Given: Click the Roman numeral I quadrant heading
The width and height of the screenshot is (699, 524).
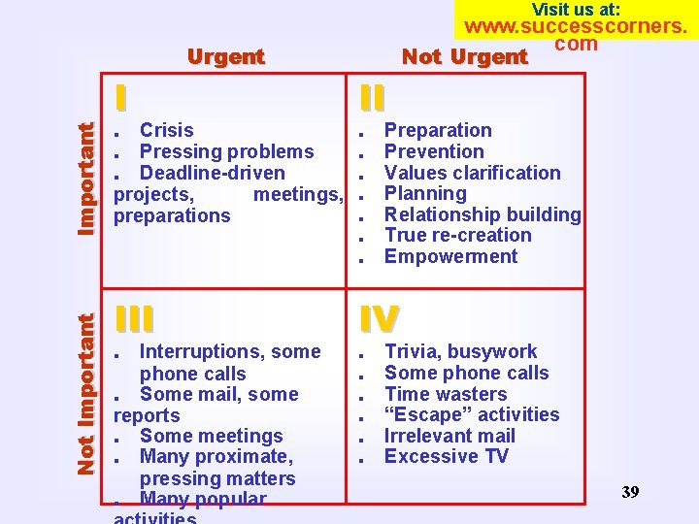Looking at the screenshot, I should click(120, 98).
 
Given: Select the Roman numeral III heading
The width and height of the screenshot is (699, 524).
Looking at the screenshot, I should click(133, 319).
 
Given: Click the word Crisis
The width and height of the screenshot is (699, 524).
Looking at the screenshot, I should click(167, 130).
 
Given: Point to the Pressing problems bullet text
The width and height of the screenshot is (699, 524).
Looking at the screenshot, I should click(226, 151).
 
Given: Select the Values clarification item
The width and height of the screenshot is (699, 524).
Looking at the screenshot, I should click(472, 173).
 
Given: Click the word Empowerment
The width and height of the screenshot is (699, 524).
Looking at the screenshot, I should click(450, 256).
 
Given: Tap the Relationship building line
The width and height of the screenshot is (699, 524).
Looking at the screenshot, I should click(482, 214).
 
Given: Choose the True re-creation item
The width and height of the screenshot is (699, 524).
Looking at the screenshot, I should click(457, 235).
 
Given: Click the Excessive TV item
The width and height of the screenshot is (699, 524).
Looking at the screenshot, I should click(446, 456).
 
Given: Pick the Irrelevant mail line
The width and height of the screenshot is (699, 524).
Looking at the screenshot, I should click(449, 436).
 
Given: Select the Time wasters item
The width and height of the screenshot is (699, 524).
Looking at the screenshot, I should click(446, 394).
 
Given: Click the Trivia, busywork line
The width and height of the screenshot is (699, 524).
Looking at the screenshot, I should click(460, 351).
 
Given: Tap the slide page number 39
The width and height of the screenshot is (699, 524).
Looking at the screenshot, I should click(630, 492).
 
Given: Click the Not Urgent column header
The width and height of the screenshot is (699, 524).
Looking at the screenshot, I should click(464, 56).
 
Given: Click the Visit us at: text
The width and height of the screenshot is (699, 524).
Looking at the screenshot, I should click(577, 10).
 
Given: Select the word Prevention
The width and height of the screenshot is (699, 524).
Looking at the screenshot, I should click(434, 151).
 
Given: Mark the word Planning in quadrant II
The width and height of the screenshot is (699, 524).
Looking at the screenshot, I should click(425, 193).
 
